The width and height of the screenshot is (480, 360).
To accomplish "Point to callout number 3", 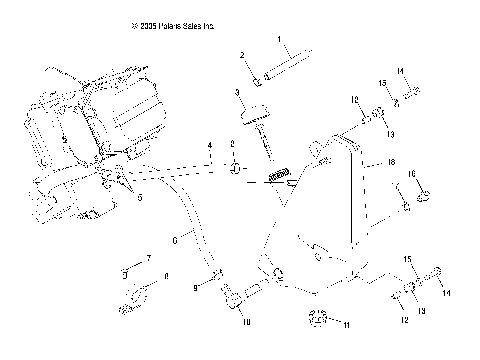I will (x=238, y=92).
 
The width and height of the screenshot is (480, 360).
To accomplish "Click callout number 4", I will (x=210, y=146).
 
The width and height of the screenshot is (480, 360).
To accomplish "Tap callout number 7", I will (x=148, y=259).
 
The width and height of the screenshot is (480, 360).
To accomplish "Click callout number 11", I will (x=348, y=325).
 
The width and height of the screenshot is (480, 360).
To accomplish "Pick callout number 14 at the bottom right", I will (x=446, y=292).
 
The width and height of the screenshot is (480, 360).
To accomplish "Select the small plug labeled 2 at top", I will (x=259, y=77).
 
